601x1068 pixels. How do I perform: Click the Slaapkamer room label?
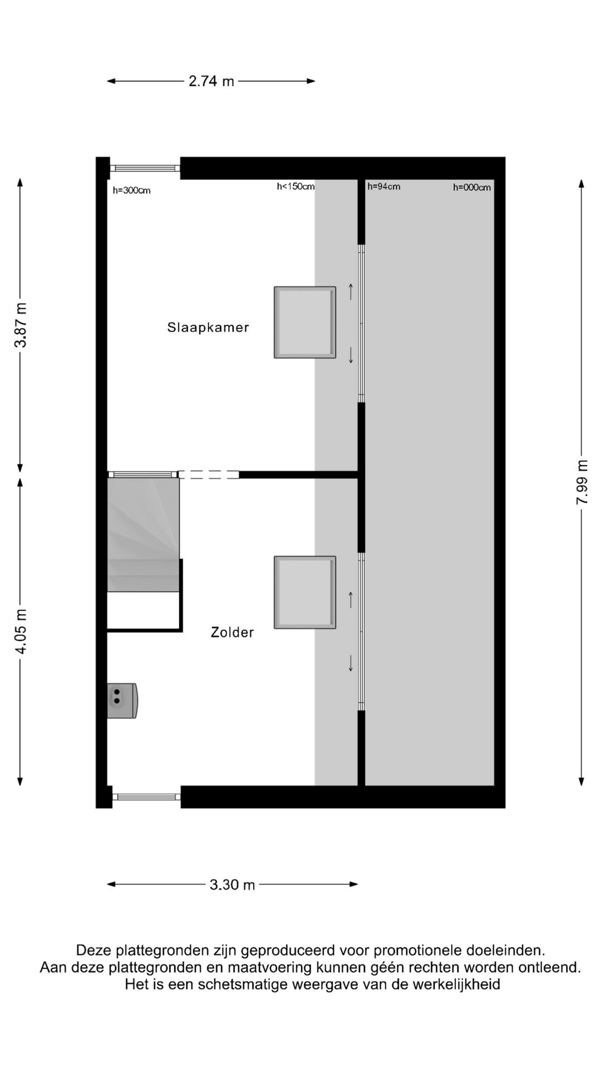tap(208, 327)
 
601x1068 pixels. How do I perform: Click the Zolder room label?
tap(232, 632)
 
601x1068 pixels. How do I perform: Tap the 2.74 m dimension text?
tap(211, 81)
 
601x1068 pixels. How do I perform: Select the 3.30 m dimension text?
tap(232, 884)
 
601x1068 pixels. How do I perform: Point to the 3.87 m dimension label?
tap(21, 325)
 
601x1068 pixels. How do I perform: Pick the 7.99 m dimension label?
tap(582, 482)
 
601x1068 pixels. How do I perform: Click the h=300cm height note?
tap(131, 191)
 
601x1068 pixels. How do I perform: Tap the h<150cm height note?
tap(295, 186)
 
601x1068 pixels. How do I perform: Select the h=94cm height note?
tap(383, 186)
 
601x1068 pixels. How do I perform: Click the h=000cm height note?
tap(471, 187)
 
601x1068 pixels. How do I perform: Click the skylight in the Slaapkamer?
tap(304, 322)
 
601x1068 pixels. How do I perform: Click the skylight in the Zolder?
tap(304, 592)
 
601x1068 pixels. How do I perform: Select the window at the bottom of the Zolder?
tap(146, 797)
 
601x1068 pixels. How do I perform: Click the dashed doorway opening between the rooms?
tap(209, 474)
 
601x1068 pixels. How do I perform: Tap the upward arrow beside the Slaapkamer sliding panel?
tap(351, 291)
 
